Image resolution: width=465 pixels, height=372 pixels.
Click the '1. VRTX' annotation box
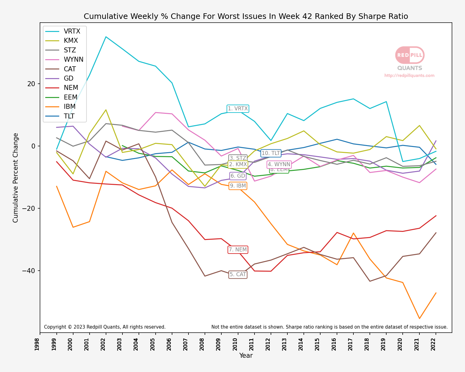238,108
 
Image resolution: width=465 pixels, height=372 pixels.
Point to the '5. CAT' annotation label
238,274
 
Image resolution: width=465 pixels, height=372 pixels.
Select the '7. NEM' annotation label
238,250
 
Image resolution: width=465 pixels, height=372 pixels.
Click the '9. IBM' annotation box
238,186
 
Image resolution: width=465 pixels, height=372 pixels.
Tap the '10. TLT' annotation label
271,153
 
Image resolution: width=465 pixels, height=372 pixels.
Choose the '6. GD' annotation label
238,176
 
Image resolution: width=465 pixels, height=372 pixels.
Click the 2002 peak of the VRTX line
106,37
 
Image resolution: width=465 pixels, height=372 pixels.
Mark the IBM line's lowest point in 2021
419,318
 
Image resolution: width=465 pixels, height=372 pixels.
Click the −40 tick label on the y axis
29,271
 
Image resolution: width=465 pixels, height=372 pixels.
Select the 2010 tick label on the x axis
235,344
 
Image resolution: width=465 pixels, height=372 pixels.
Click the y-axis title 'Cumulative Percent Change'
16,178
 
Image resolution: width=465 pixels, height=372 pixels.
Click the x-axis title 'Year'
246,356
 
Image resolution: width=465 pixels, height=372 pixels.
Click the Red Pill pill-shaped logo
410,55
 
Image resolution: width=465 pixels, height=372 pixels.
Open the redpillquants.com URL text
409,75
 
